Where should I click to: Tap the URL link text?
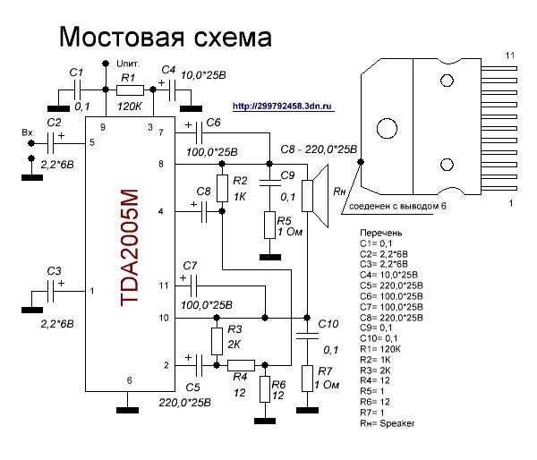click(x=282, y=106)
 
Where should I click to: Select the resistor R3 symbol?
click(x=217, y=340)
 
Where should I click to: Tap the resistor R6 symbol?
click(x=264, y=388)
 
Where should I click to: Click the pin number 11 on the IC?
click(x=163, y=285)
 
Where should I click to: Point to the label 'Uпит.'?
click(x=129, y=64)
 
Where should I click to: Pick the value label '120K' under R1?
click(x=132, y=106)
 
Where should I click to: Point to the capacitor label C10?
click(x=328, y=323)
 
